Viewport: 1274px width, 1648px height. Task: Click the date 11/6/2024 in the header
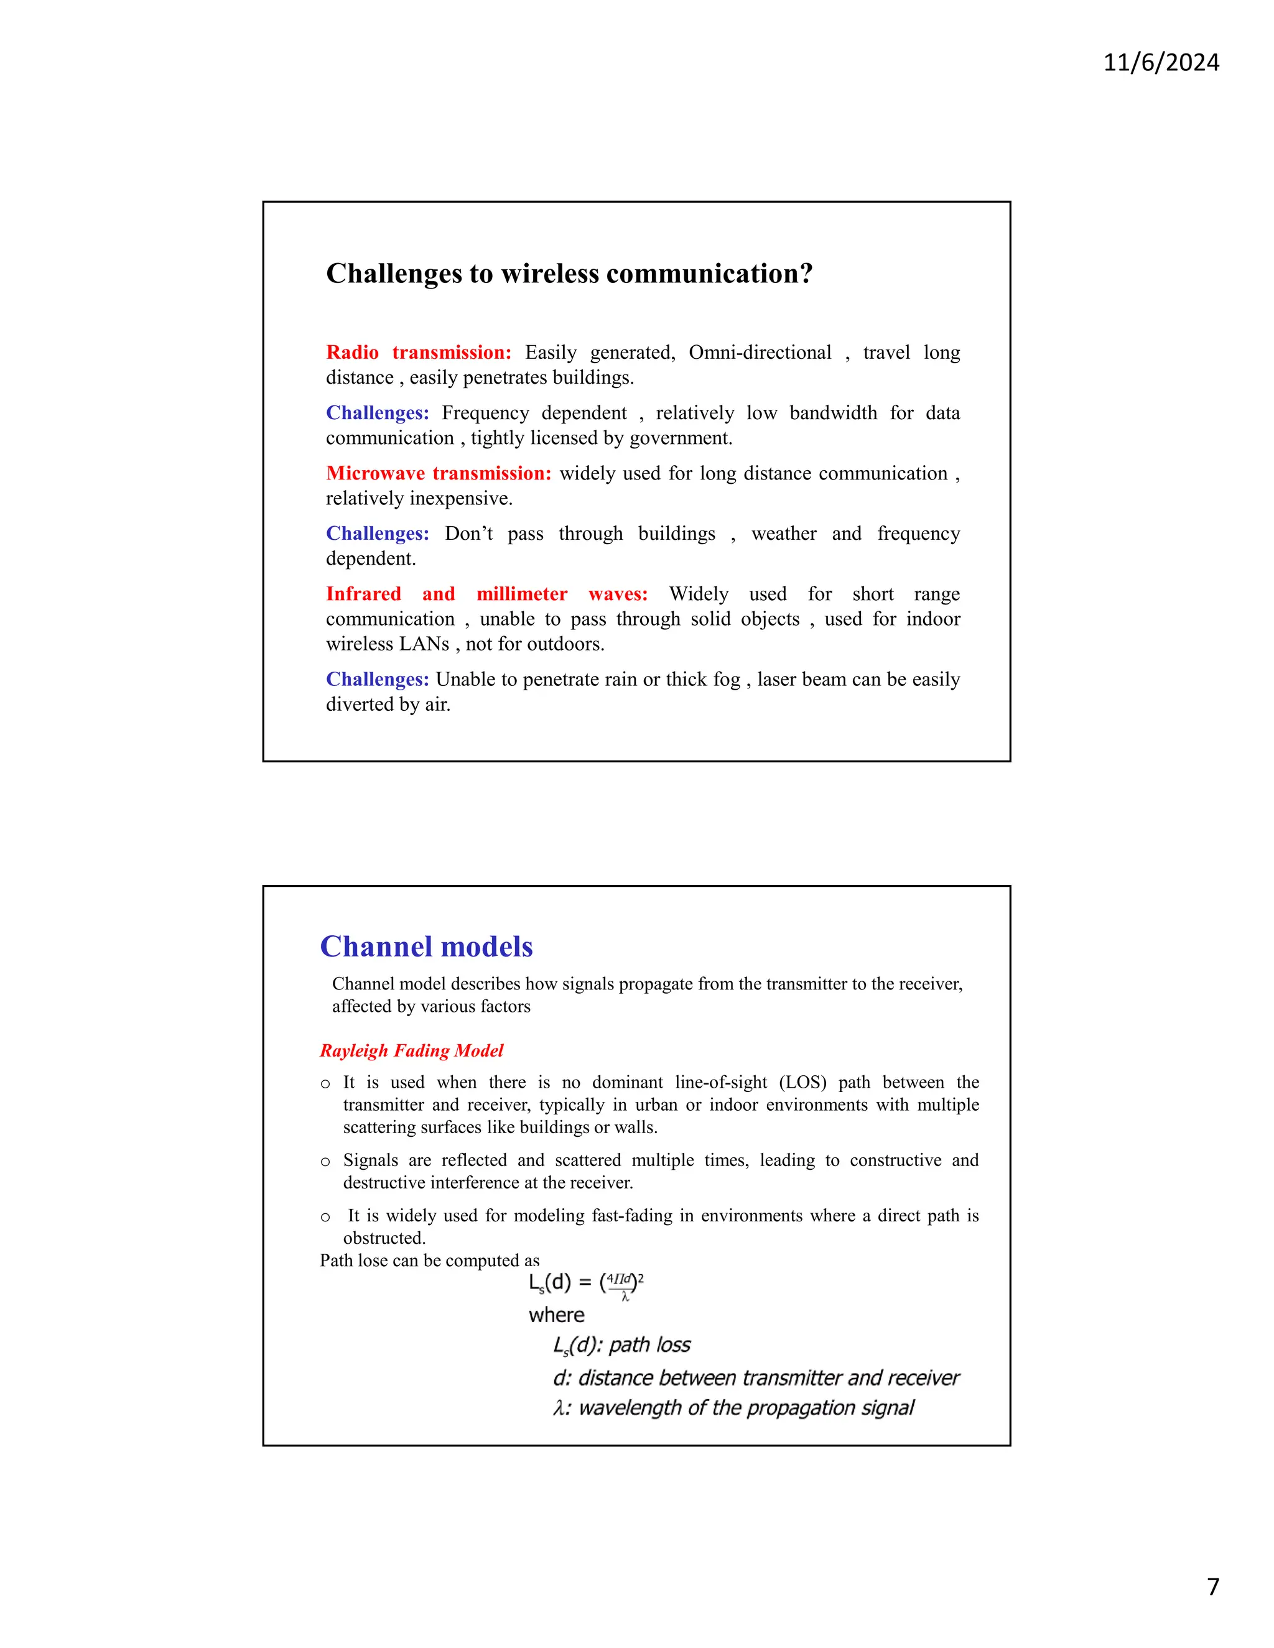click(x=1161, y=62)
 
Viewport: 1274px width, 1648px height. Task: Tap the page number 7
click(x=1213, y=1586)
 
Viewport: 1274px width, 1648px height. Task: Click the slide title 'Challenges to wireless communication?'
click(x=569, y=273)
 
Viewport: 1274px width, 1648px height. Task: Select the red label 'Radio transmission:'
click(x=418, y=353)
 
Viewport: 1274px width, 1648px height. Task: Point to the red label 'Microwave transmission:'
click(x=439, y=473)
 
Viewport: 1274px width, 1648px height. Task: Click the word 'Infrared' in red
click(x=363, y=594)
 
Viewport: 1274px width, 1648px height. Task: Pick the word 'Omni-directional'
click(x=760, y=353)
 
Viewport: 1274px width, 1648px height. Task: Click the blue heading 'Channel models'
click(x=426, y=947)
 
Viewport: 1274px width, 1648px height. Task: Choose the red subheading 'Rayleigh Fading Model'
click(x=411, y=1050)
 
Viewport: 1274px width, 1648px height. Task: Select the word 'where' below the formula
click(x=556, y=1315)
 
